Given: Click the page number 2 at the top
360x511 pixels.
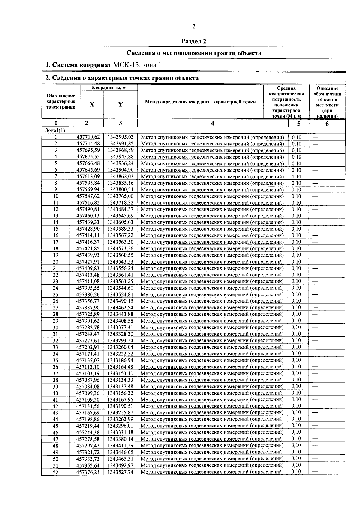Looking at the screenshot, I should [193, 27].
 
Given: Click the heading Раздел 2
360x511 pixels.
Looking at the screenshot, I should [194, 41].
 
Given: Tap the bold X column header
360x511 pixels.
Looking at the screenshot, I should [92, 104].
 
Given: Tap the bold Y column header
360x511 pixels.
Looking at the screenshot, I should [121, 104].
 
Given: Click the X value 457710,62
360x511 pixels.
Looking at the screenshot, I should [88, 137].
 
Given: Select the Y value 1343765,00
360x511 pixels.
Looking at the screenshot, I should [120, 196].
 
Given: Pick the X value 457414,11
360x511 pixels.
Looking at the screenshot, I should [88, 235].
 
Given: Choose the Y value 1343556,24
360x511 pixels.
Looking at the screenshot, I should [120, 268].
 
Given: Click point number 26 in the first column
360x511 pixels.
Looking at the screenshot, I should [55, 301].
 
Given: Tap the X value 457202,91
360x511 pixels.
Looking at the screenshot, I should [88, 347].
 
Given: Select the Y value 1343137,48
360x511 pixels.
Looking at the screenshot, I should [120, 386].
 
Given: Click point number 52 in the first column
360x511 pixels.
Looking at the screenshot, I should [55, 472].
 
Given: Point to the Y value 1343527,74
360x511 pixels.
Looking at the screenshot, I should [120, 472].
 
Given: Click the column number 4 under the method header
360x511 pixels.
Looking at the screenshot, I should [212, 123].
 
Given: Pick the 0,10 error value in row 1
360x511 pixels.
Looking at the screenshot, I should [296, 137].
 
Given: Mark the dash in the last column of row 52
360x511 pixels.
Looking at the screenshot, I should [315, 471].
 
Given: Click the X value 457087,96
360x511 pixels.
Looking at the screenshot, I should [88, 380].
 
